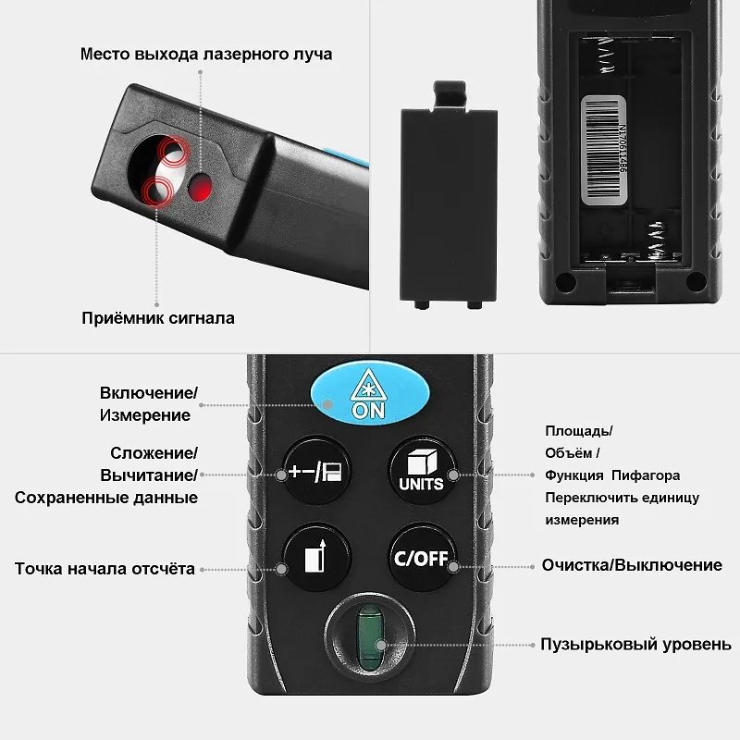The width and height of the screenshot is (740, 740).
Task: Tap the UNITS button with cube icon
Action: point(422,470)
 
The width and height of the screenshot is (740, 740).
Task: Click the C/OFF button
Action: point(422,557)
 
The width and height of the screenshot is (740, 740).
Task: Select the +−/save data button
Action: point(316,470)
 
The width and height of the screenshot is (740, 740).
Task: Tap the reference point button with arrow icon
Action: point(316,557)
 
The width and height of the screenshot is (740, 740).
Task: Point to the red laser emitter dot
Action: point(200,188)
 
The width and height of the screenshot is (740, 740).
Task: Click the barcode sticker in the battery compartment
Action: point(604,150)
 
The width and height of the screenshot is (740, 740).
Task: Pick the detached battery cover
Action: point(449,195)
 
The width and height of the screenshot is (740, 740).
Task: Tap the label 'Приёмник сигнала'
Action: point(158,318)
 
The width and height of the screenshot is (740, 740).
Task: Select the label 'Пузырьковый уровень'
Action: point(635,644)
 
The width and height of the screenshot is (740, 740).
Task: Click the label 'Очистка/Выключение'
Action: point(632,565)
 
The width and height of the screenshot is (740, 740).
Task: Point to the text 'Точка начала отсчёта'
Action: point(105,569)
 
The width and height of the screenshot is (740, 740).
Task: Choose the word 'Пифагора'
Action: point(646,475)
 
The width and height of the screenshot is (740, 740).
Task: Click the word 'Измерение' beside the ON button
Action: point(145,415)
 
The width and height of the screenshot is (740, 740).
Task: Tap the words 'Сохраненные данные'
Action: point(106,498)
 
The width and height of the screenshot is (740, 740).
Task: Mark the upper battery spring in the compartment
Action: point(606,55)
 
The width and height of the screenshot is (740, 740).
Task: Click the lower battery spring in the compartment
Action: point(658,240)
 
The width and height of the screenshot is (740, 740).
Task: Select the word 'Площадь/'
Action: point(579,431)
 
